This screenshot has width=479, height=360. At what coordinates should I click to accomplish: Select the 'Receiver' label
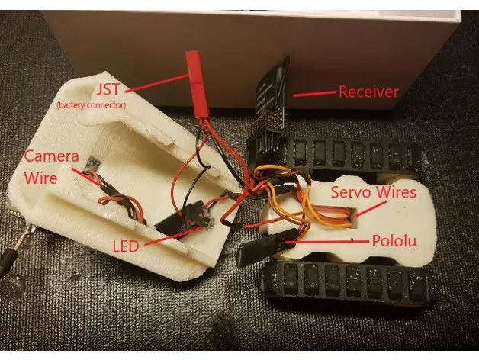(x=368, y=92)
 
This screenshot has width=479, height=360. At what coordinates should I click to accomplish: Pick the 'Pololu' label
(x=396, y=242)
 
